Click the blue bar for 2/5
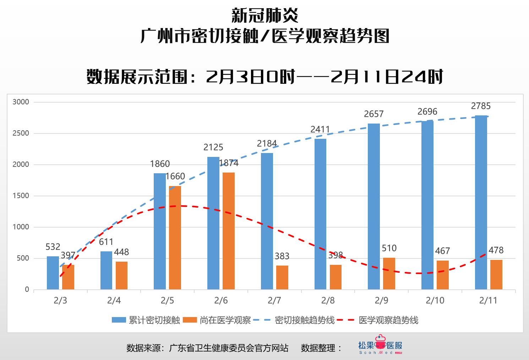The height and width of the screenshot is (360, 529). click(x=159, y=231)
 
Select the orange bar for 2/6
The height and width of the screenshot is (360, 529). click(x=229, y=231)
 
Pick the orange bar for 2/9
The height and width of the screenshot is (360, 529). click(x=389, y=273)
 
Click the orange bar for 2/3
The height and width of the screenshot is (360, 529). click(x=68, y=277)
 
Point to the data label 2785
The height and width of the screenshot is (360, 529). click(x=481, y=106)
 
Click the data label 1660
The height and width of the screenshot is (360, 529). click(x=175, y=176)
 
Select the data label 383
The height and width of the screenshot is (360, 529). click(x=282, y=256)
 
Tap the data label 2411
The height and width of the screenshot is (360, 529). click(x=320, y=130)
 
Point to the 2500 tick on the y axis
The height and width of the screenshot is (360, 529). click(x=21, y=133)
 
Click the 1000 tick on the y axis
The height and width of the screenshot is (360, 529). click(x=21, y=227)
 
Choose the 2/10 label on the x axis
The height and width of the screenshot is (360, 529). click(x=435, y=301)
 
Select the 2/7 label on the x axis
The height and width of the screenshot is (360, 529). click(x=274, y=301)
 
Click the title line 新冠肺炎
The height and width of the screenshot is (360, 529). click(x=264, y=16)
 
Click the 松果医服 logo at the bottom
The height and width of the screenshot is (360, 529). click(x=380, y=345)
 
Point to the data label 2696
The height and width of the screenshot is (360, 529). click(x=427, y=112)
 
